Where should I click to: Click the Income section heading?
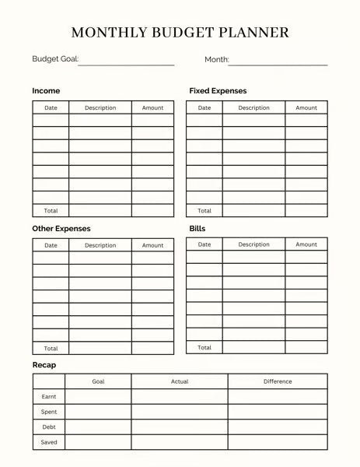pyautogui.click(x=46, y=91)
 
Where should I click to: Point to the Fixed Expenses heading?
pyautogui.click(x=218, y=91)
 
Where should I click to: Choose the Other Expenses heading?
pyautogui.click(x=61, y=229)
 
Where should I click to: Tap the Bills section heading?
pyautogui.click(x=197, y=229)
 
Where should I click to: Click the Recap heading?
pyautogui.click(x=44, y=365)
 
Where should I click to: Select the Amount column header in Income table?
pyautogui.click(x=152, y=108)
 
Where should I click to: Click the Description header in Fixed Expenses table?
pyautogui.click(x=253, y=108)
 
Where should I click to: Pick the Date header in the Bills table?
pyautogui.click(x=204, y=244)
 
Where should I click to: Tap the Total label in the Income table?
pyautogui.click(x=51, y=211)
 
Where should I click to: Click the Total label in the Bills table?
pyautogui.click(x=204, y=347)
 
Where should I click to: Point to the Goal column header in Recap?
pyautogui.click(x=98, y=381)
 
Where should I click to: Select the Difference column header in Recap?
pyautogui.click(x=278, y=381)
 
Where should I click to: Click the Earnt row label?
pyautogui.click(x=48, y=397)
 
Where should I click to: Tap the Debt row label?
pyautogui.click(x=48, y=427)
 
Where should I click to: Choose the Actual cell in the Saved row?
pyautogui.click(x=180, y=443)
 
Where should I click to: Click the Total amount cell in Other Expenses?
pyautogui.click(x=152, y=348)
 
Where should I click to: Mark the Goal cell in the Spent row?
pyautogui.click(x=98, y=412)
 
